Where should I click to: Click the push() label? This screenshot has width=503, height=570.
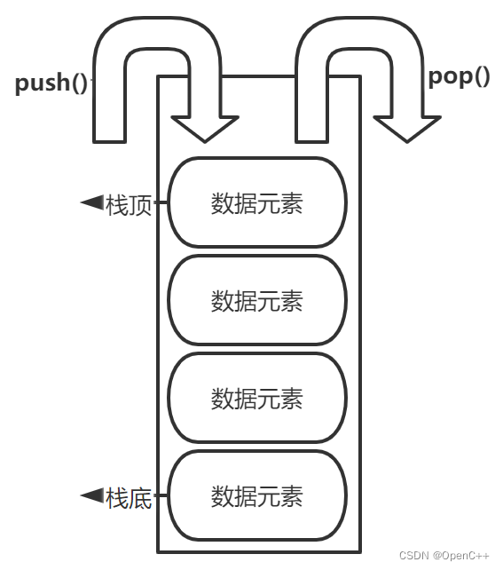pyautogui.click(x=51, y=83)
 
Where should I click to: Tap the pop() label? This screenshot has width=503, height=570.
pyautogui.click(x=459, y=76)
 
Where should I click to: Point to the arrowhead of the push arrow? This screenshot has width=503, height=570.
pyautogui.click(x=205, y=129)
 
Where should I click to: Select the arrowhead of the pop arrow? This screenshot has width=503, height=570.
pyautogui.click(x=407, y=129)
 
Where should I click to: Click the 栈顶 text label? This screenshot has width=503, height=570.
pyautogui.click(x=129, y=205)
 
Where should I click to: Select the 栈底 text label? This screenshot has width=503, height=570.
pyautogui.click(x=129, y=497)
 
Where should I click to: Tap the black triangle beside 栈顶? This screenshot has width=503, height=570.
pyautogui.click(x=91, y=203)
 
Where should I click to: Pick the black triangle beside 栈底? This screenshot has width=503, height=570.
pyautogui.click(x=91, y=495)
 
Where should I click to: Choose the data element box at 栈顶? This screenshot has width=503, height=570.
pyautogui.click(x=256, y=203)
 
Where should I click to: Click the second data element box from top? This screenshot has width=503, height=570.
pyautogui.click(x=256, y=301)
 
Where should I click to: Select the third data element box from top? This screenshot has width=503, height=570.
pyautogui.click(x=256, y=398)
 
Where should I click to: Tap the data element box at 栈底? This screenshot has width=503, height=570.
pyautogui.click(x=256, y=495)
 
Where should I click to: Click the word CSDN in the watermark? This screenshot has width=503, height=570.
pyautogui.click(x=413, y=556)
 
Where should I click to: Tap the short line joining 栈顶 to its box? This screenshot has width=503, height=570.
pyautogui.click(x=161, y=203)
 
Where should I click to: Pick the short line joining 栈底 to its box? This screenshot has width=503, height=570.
pyautogui.click(x=161, y=496)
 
